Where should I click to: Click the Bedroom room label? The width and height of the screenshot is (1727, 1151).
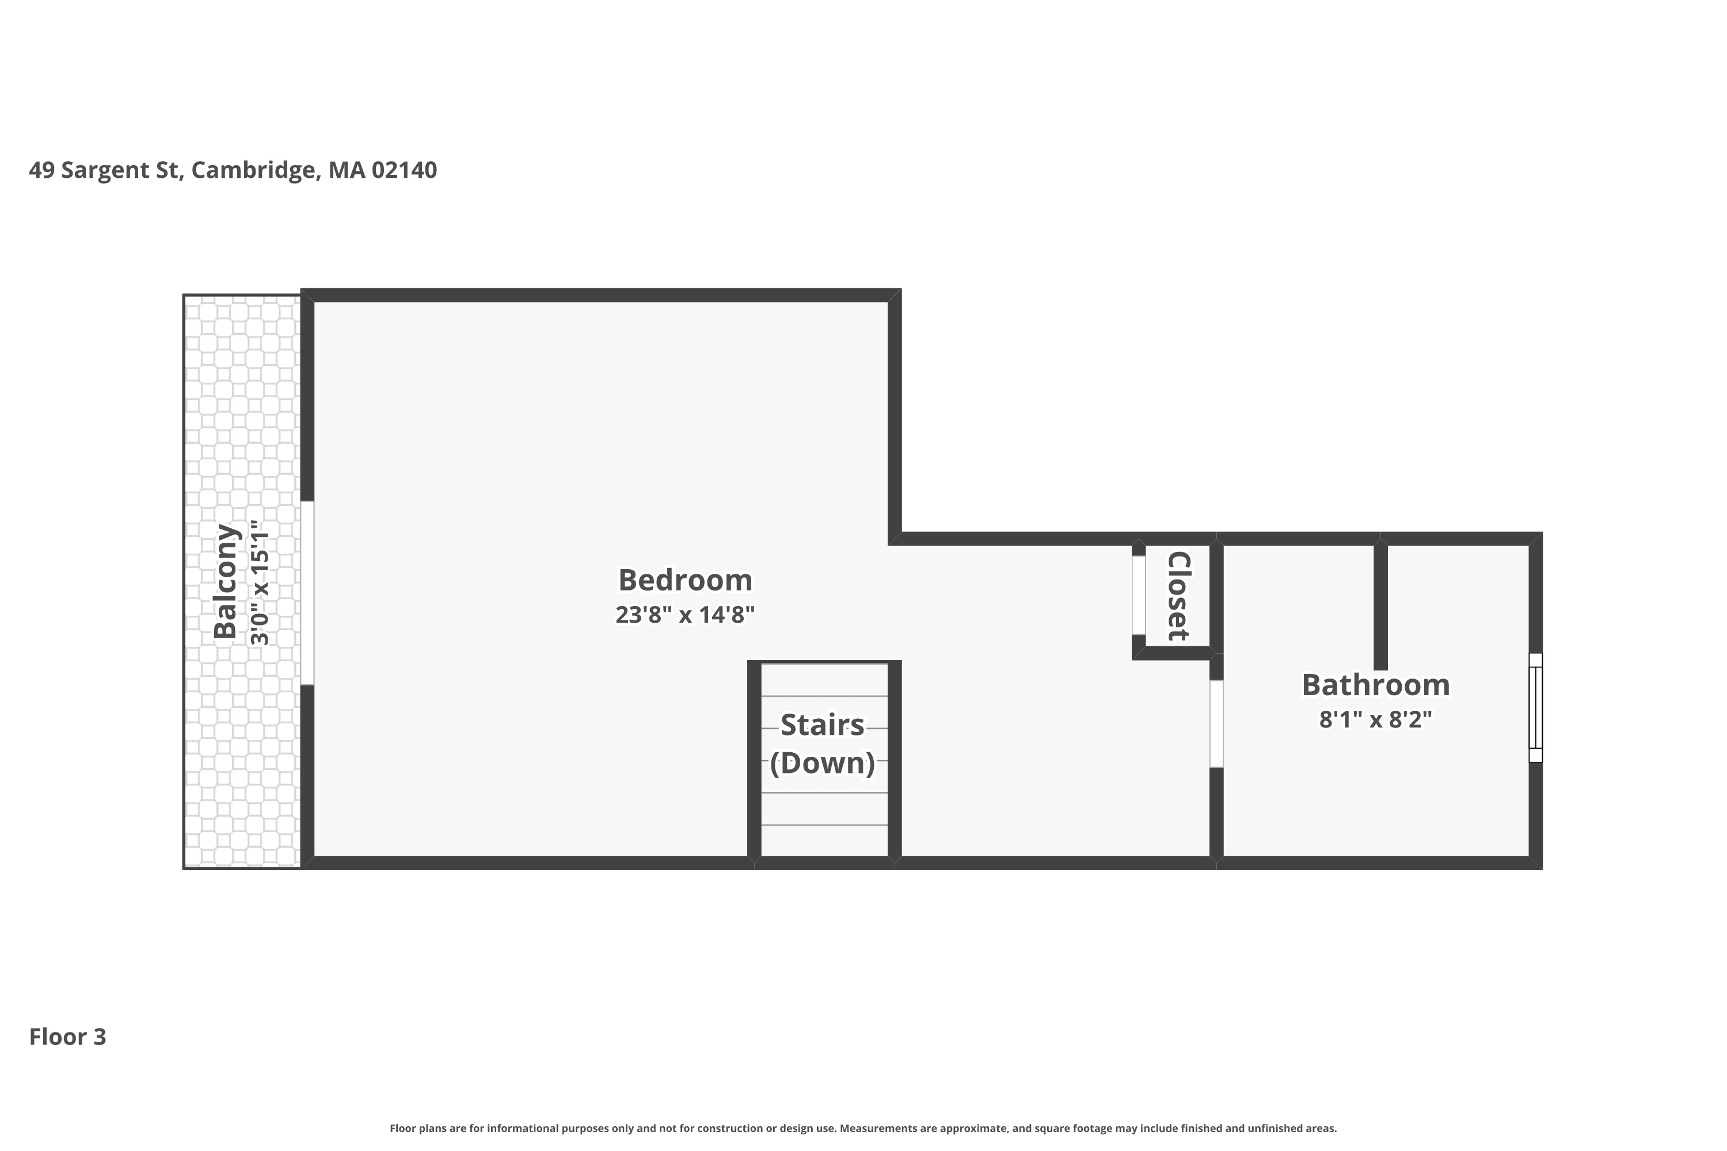[x=685, y=580]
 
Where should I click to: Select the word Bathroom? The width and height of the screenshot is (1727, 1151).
[x=1376, y=685]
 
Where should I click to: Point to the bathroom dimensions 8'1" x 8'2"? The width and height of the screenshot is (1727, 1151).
[x=1376, y=719]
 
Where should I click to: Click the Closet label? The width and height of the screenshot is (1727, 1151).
[x=1178, y=596]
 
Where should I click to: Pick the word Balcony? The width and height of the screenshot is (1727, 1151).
[x=226, y=581]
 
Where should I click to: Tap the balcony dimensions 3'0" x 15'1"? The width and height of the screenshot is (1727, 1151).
[x=260, y=583]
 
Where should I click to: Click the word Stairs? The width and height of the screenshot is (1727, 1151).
[x=823, y=725]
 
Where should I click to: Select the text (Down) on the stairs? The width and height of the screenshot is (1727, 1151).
[x=823, y=763]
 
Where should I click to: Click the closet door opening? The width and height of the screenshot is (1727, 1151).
[x=1138, y=595]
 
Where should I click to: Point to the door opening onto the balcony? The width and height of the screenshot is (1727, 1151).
[x=307, y=593]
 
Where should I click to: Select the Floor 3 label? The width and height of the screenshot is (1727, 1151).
[x=67, y=1036]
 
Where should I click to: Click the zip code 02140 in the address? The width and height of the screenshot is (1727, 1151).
[x=404, y=170]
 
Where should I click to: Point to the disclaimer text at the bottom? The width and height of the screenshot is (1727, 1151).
[x=863, y=1128]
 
